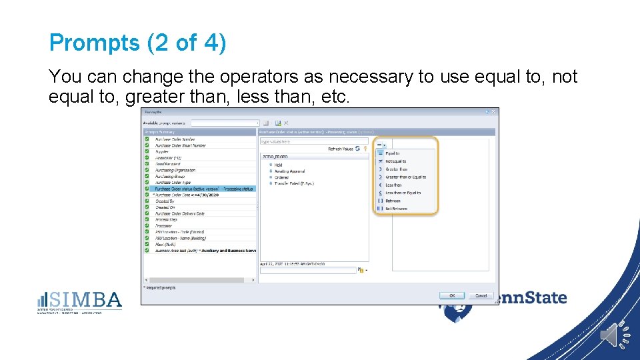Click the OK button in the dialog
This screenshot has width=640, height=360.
451,295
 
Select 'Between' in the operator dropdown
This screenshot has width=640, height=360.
393,201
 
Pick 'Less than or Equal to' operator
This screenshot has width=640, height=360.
403,193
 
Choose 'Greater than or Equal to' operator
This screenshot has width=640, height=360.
405,177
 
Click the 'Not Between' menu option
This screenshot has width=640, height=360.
396,209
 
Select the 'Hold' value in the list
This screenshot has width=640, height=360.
279,165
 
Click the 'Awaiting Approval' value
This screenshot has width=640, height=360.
288,171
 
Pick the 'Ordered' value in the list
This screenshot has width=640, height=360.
281,177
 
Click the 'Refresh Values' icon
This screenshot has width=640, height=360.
358,149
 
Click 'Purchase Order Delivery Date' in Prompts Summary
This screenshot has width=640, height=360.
180,213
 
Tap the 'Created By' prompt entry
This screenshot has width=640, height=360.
165,201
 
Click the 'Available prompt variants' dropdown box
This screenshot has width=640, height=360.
225,123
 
